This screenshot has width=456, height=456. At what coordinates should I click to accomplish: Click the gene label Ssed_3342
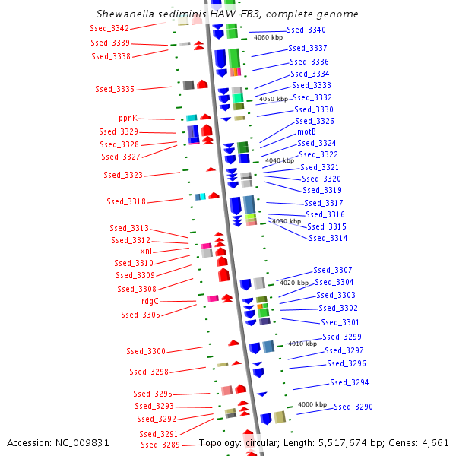(109, 28)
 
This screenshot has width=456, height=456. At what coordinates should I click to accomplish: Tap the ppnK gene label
(128, 119)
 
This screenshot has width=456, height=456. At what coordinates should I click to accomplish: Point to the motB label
(306, 131)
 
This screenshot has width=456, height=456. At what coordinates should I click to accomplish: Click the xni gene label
(146, 251)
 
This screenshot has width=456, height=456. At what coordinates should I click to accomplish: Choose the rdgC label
(150, 301)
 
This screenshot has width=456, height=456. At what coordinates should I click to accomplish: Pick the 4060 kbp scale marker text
(268, 37)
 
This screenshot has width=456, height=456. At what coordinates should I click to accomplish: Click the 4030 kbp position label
(286, 221)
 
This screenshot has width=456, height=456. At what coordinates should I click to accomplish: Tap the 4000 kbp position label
(312, 404)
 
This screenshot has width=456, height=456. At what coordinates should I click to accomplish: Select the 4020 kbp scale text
(294, 283)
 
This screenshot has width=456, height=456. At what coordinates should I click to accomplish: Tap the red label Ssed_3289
(160, 445)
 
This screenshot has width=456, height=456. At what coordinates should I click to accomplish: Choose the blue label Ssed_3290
(353, 407)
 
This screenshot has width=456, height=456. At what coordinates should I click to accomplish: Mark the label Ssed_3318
(126, 201)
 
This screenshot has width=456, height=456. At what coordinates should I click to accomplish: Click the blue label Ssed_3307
(333, 270)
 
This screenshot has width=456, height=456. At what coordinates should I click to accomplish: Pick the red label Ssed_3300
(146, 351)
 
